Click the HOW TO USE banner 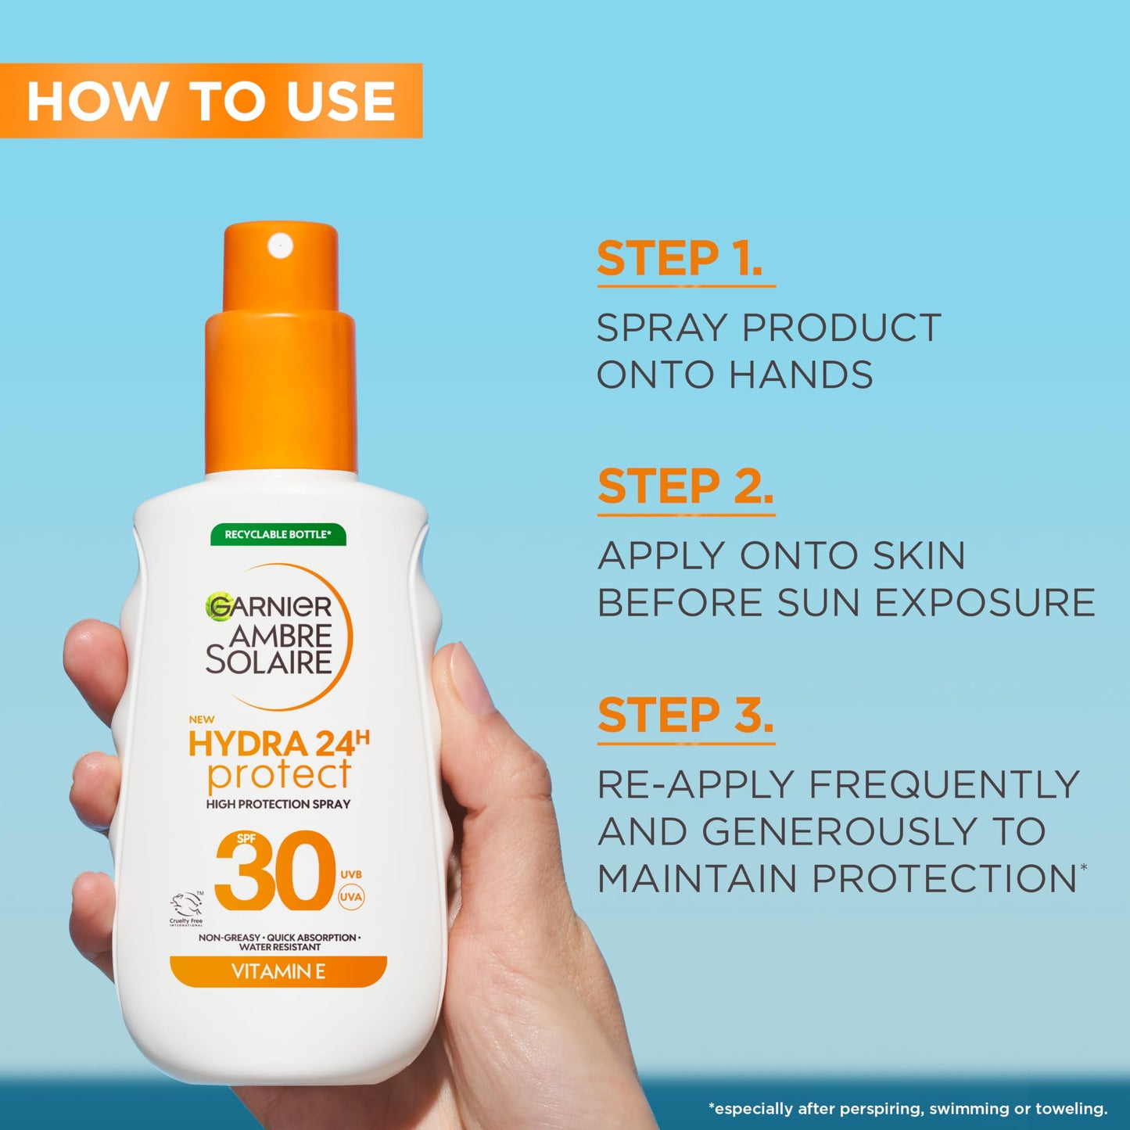point(211,101)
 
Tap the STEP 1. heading point(680,260)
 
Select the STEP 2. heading point(685,487)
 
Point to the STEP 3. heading point(686,716)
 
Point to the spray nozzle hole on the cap point(279,246)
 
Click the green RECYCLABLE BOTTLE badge point(278,535)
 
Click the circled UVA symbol point(351,897)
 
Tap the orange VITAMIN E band point(278,972)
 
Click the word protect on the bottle point(279,776)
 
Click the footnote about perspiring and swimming point(907,1108)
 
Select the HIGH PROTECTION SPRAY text point(278,804)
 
